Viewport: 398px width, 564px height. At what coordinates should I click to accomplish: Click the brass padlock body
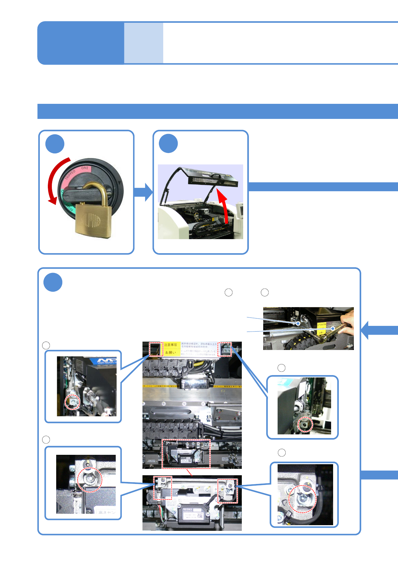(x=91, y=219)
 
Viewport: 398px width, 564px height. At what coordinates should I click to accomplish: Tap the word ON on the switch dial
(x=84, y=168)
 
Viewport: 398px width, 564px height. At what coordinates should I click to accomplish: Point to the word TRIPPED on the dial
(x=71, y=174)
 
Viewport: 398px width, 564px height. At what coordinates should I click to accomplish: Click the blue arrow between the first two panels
(x=143, y=192)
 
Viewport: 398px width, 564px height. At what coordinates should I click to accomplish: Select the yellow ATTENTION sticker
(x=321, y=325)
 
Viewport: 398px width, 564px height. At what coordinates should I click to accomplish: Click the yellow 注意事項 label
(x=171, y=345)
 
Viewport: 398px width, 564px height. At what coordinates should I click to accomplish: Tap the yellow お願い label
(x=171, y=352)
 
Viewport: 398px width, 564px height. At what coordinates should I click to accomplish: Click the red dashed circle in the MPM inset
(x=73, y=402)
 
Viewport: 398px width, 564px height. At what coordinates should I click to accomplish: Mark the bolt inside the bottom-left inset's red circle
(x=90, y=480)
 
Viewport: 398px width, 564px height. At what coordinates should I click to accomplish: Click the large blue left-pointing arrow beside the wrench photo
(x=375, y=330)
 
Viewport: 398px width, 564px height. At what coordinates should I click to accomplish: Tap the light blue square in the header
(x=143, y=43)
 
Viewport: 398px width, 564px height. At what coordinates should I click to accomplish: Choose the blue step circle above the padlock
(x=55, y=144)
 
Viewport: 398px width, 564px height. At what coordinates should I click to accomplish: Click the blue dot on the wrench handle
(x=333, y=329)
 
